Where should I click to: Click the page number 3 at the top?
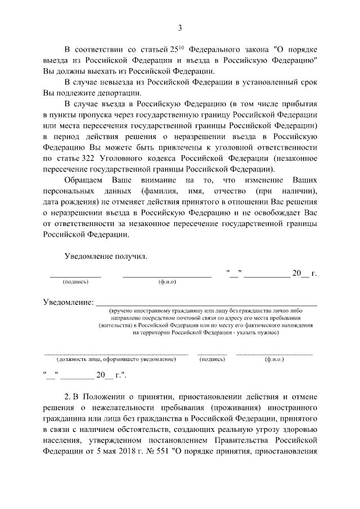click(x=180, y=28)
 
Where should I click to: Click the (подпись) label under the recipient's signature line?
click(x=75, y=281)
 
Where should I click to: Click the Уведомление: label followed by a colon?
click(x=69, y=303)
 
